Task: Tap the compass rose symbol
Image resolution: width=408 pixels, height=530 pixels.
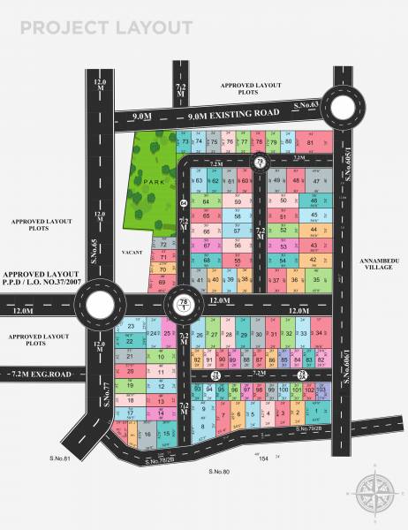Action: pyautogui.click(x=376, y=491)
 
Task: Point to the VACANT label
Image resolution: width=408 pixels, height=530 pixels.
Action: pyautogui.click(x=132, y=252)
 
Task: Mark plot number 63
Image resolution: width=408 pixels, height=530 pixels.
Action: pyautogui.click(x=201, y=180)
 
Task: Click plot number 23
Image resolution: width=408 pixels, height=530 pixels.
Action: pyautogui.click(x=131, y=327)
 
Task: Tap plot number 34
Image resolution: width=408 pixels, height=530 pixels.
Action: pyautogui.click(x=319, y=334)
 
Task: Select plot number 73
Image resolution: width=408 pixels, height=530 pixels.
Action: pyautogui.click(x=185, y=141)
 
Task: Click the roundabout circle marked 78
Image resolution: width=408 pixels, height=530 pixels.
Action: pyautogui.click(x=183, y=305)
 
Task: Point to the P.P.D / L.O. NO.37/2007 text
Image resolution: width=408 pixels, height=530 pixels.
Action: pyautogui.click(x=44, y=285)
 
